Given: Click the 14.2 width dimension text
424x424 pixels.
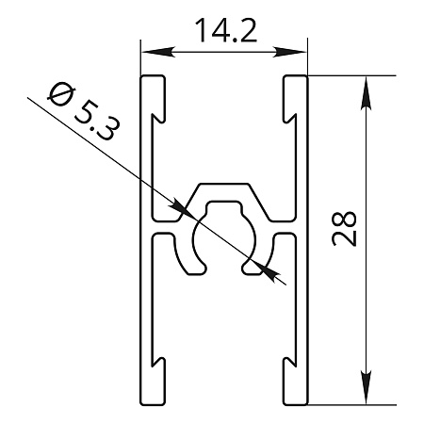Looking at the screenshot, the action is [x=226, y=31].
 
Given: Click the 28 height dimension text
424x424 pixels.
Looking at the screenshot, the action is [x=344, y=229].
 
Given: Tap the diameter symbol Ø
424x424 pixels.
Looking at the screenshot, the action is [x=61, y=93].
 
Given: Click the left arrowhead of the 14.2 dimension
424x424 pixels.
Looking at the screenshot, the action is [x=157, y=52].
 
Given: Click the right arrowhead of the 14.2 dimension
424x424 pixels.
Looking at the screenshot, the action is [x=289, y=52].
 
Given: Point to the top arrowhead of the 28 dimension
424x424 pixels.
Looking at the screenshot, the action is [x=366, y=93].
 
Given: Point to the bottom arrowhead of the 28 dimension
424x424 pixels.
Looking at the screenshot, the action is [x=366, y=387].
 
